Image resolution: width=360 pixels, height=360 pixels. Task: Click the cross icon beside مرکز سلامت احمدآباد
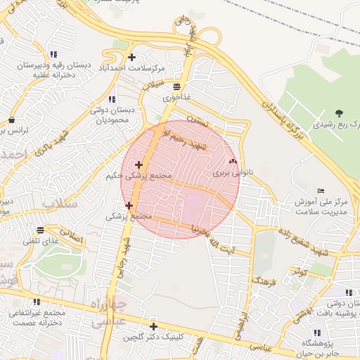131,58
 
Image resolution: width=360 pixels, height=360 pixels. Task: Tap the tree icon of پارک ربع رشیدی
340,112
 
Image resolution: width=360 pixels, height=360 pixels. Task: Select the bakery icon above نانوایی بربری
233,161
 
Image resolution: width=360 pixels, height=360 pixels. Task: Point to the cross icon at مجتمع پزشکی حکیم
139,165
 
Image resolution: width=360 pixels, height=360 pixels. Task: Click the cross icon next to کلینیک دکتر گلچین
153,326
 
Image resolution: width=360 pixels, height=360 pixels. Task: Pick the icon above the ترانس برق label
11,120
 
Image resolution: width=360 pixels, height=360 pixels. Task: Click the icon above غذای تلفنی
41,229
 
